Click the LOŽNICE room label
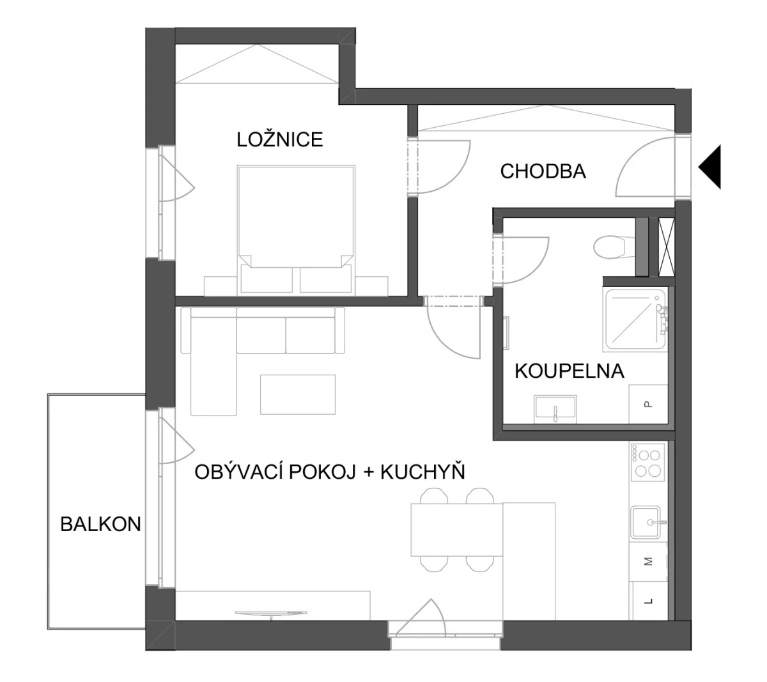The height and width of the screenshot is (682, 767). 279,139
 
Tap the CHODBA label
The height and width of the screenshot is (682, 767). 543,171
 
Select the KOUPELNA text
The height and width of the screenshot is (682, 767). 569,371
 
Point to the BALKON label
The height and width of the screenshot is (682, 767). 100,524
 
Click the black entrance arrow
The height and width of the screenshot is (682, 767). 709,167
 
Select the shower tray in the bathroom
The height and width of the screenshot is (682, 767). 635,319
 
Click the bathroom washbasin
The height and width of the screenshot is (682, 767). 555,409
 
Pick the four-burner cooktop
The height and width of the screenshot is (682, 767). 647,462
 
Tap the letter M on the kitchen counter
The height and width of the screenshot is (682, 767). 648,562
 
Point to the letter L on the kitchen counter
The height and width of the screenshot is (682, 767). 649,601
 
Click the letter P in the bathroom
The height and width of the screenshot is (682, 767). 648,404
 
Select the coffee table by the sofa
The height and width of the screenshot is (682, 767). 298,394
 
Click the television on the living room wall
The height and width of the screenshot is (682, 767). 271,614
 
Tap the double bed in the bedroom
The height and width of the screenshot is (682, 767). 296,229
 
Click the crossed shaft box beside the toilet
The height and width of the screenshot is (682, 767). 666,247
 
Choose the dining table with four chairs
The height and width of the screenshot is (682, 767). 456,529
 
